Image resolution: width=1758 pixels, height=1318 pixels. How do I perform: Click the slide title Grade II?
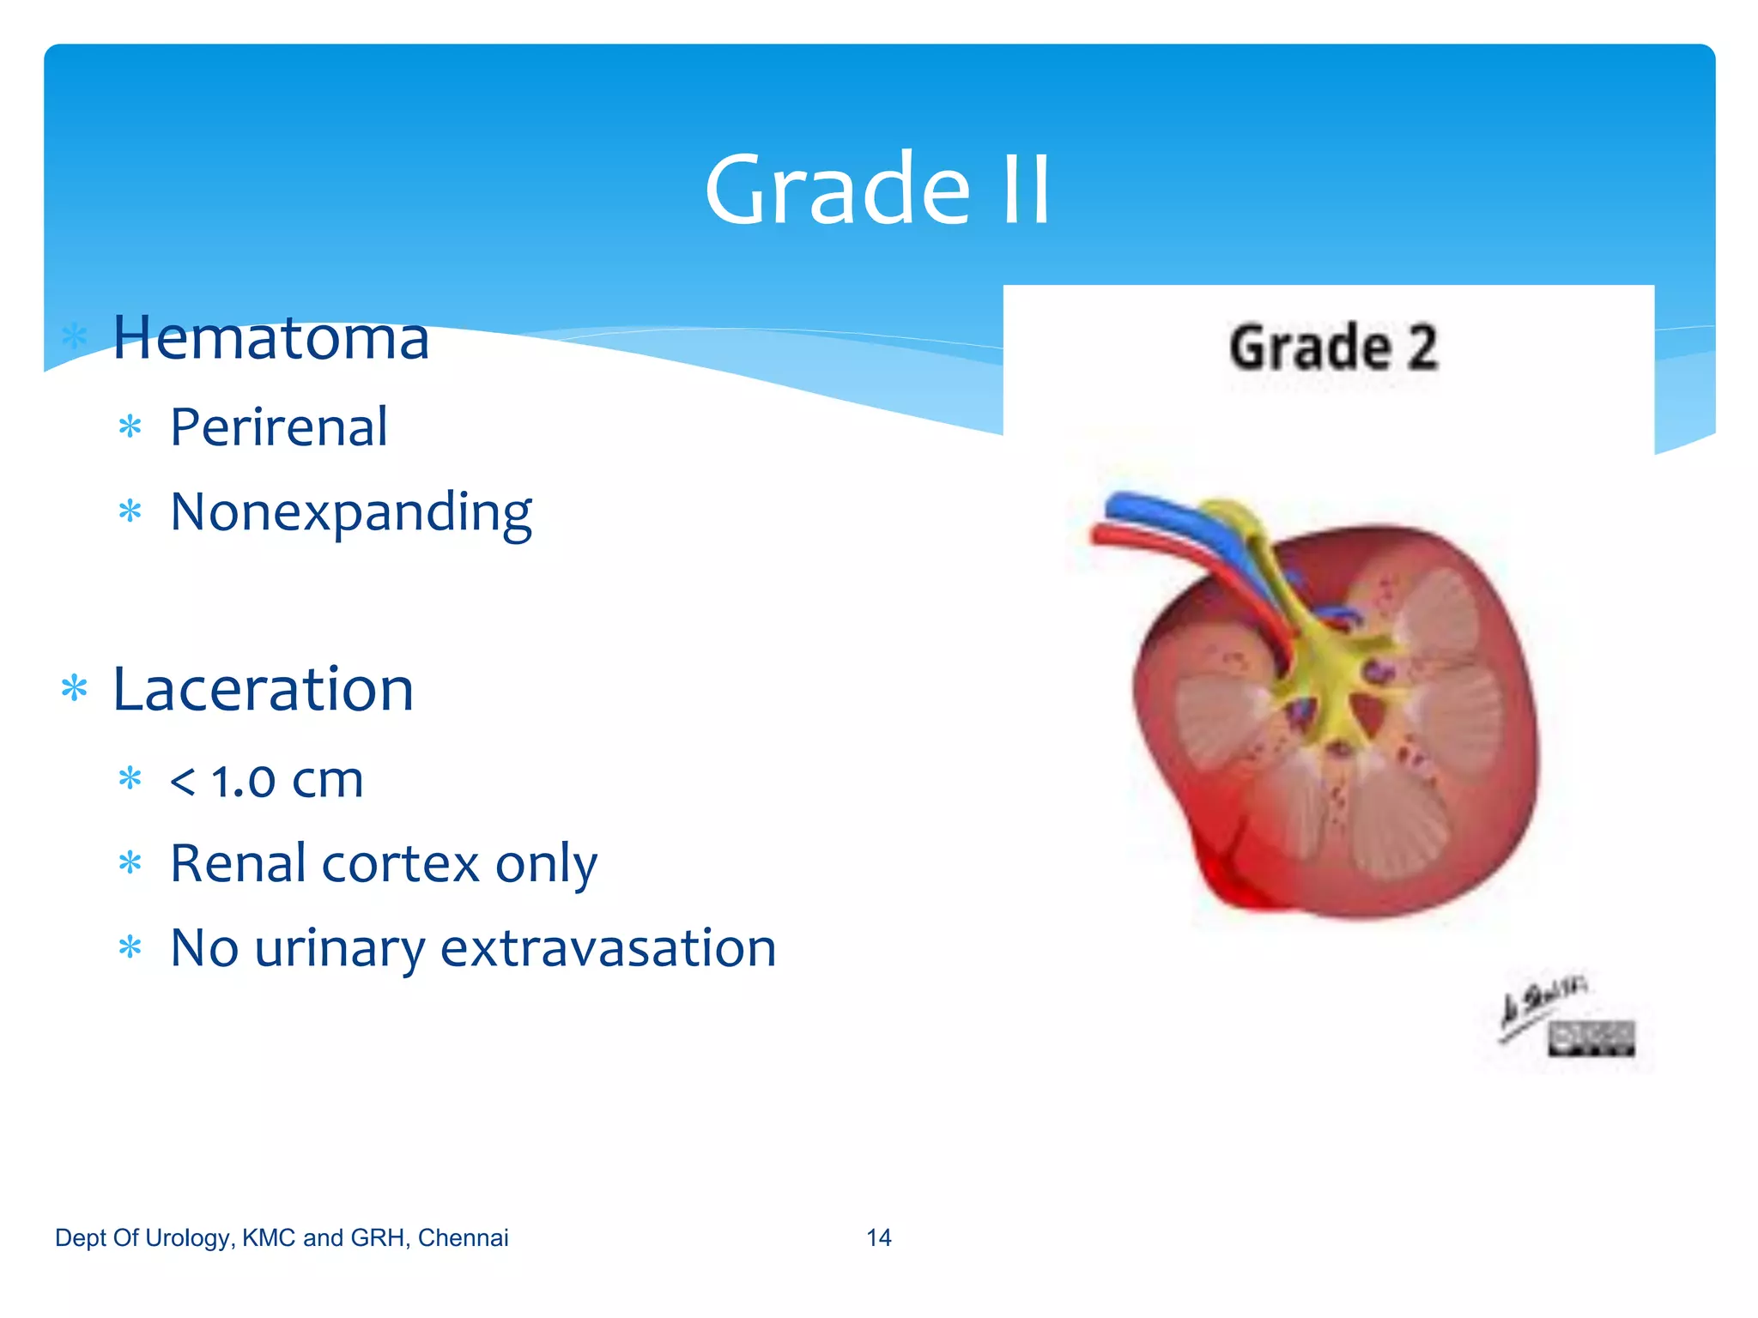(877, 190)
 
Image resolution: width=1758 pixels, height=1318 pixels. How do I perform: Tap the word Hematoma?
(270, 338)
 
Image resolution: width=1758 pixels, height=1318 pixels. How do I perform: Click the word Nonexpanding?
(350, 512)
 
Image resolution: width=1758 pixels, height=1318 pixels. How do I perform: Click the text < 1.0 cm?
(266, 780)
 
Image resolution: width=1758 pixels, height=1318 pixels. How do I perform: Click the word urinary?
(340, 948)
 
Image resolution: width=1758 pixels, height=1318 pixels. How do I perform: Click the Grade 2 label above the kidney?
(1332, 348)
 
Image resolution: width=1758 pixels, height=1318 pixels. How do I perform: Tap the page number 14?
(878, 1237)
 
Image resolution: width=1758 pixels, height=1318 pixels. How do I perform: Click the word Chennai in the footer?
(463, 1237)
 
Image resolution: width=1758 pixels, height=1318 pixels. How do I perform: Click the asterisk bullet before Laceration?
(75, 689)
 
